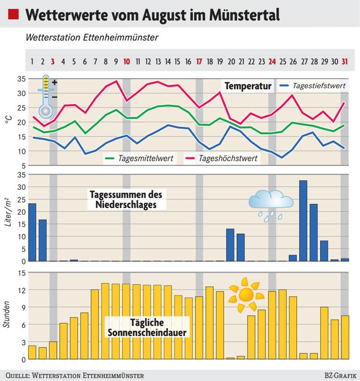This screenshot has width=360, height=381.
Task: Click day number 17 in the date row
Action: [199, 61]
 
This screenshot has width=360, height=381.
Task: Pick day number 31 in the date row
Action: [344, 61]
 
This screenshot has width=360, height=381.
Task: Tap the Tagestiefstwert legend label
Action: [319, 86]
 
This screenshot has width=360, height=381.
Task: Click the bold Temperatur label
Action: [248, 86]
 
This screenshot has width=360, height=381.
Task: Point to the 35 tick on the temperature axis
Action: [21, 79]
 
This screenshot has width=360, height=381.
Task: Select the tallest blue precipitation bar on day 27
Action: [303, 221]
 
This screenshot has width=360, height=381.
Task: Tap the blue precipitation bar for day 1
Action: [32, 232]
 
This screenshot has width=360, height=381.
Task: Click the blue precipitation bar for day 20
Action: [230, 245]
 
